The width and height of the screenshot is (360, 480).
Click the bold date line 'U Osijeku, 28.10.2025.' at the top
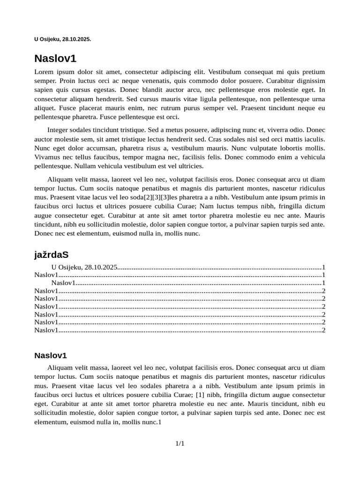click(x=62, y=39)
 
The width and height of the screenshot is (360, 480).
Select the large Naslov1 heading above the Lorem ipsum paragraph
click(x=55, y=59)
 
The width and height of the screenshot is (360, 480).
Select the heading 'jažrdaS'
click(x=51, y=255)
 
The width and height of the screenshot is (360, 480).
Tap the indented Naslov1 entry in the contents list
click(x=63, y=283)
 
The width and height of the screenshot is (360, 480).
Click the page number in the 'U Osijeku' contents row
click(x=323, y=267)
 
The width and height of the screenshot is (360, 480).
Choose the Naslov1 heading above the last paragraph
click(x=51, y=355)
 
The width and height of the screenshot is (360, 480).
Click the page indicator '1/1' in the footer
click(x=180, y=443)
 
